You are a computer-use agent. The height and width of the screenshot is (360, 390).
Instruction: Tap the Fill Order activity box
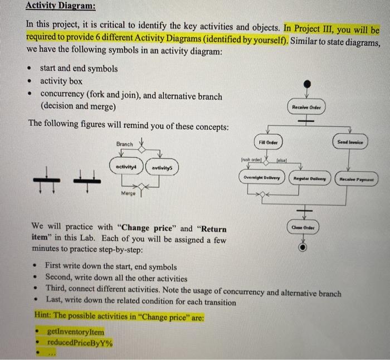(268, 143)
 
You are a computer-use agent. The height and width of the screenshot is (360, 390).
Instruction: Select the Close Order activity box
(304, 228)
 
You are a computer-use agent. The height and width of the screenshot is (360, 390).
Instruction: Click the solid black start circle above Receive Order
(306, 84)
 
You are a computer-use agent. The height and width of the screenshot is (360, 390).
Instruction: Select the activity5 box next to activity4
(162, 167)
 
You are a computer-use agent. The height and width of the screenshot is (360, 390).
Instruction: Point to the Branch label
(124, 144)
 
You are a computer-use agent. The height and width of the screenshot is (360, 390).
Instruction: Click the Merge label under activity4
(128, 193)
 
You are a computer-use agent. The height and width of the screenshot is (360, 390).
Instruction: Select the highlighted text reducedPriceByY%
(80, 343)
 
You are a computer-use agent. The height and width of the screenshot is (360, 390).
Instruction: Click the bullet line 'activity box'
(61, 81)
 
